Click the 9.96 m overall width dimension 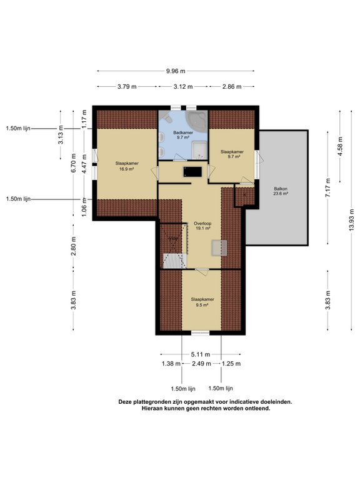point(176,71)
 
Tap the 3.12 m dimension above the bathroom point(183,87)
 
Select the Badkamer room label point(183,135)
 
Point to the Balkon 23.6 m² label point(281,191)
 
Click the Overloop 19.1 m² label point(202,226)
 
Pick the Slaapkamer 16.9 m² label point(127,166)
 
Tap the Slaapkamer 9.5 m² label point(202,302)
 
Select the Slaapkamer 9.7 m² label point(232,154)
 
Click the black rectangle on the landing point(192,172)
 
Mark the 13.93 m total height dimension point(352,221)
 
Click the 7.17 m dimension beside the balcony point(328,187)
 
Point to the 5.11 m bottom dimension point(201,354)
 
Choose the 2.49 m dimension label point(201,364)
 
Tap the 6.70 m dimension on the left point(74,163)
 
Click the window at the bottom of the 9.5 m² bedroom point(200,332)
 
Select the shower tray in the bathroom point(199,150)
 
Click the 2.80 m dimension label point(74,246)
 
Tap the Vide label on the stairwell point(173,239)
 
